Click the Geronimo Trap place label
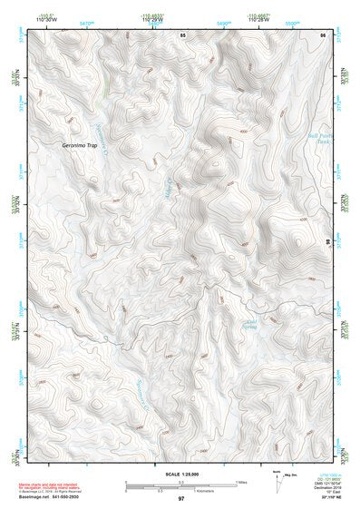coord(78,145)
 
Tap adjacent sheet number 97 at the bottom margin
coord(180,499)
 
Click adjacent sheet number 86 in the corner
coord(322,34)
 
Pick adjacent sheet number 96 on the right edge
coord(327,242)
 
